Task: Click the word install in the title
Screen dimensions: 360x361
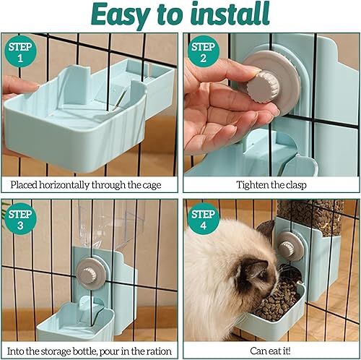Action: [x=230, y=14]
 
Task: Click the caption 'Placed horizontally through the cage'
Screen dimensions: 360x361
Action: [x=90, y=184]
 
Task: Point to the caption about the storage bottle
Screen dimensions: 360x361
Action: [x=90, y=350]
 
